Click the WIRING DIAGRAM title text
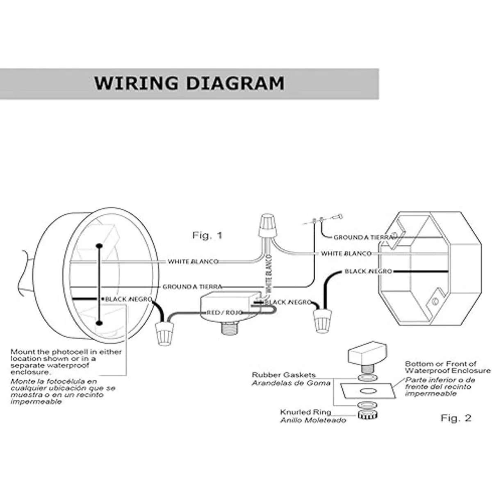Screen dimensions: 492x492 189,83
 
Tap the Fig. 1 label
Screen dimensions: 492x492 207,235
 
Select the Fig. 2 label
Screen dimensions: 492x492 456,418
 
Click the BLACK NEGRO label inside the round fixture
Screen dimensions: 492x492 129,299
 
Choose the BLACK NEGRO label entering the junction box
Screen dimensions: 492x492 368,271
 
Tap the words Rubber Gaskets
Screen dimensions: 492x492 284,375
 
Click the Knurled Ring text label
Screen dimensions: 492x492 305,412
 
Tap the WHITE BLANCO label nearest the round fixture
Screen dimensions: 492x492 193,262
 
